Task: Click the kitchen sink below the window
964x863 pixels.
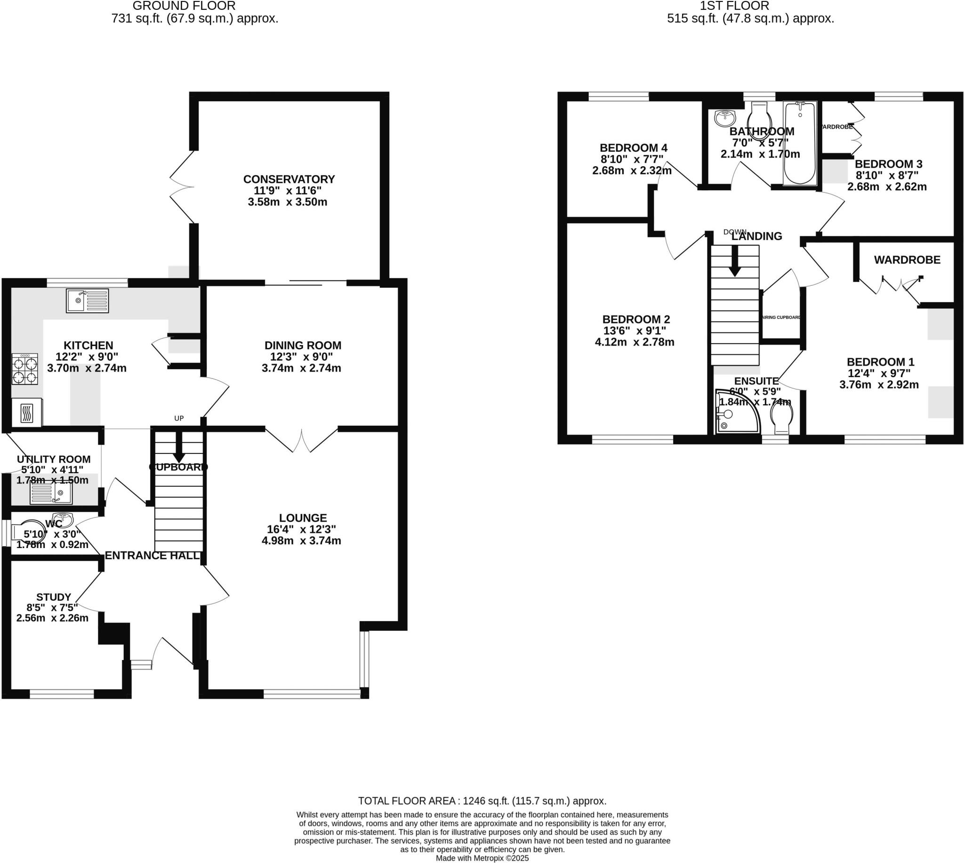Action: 87,301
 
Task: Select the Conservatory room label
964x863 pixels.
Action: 289,179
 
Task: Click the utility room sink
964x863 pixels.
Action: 51,493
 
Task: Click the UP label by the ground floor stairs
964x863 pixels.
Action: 179,418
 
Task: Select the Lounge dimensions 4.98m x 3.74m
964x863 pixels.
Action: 301,540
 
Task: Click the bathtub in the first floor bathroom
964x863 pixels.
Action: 800,144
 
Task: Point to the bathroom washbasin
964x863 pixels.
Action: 725,119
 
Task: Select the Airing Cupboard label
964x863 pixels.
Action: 780,317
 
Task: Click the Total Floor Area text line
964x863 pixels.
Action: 482,801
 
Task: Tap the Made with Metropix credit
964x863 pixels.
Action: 482,858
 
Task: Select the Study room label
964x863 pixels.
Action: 54,597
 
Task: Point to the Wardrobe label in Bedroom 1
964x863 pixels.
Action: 907,260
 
